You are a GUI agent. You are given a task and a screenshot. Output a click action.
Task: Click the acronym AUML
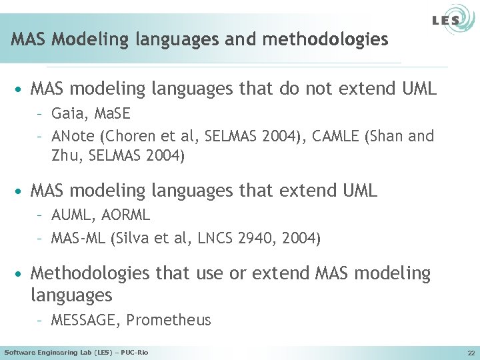[71, 215]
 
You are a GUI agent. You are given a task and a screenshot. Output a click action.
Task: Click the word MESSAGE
[85, 320]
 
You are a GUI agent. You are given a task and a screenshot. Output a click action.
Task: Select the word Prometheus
[169, 320]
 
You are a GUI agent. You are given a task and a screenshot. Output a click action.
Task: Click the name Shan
[389, 137]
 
